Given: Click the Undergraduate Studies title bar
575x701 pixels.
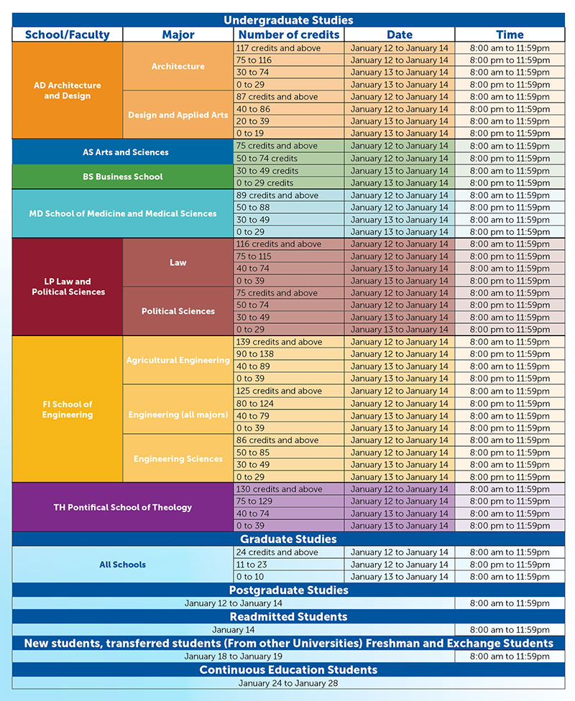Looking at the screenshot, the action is coord(288,20).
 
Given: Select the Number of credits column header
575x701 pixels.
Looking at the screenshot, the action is coord(289,34).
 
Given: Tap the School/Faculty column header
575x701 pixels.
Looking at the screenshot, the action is coord(67,34).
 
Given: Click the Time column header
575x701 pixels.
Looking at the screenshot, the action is coord(510,34).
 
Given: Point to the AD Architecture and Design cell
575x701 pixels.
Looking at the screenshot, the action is coord(67,90).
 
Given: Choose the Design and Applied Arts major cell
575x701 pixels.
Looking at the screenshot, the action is coord(178,115).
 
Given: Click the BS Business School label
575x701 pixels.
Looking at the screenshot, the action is coord(123,177).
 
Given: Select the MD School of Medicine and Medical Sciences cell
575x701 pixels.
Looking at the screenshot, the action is coord(123,214).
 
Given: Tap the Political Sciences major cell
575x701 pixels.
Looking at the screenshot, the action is coord(178,311).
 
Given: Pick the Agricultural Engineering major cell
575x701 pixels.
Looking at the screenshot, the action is coord(178,360).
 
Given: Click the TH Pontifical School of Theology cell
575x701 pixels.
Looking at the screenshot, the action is coord(123,507).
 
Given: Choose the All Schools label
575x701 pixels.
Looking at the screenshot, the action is coord(123,565).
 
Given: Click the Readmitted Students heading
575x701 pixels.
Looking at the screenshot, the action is coord(288,616).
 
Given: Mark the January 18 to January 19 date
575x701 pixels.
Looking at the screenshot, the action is coord(233,656).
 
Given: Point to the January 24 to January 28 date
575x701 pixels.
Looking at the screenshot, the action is coord(288,683).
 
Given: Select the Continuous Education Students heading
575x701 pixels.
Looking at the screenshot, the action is coord(288,669).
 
